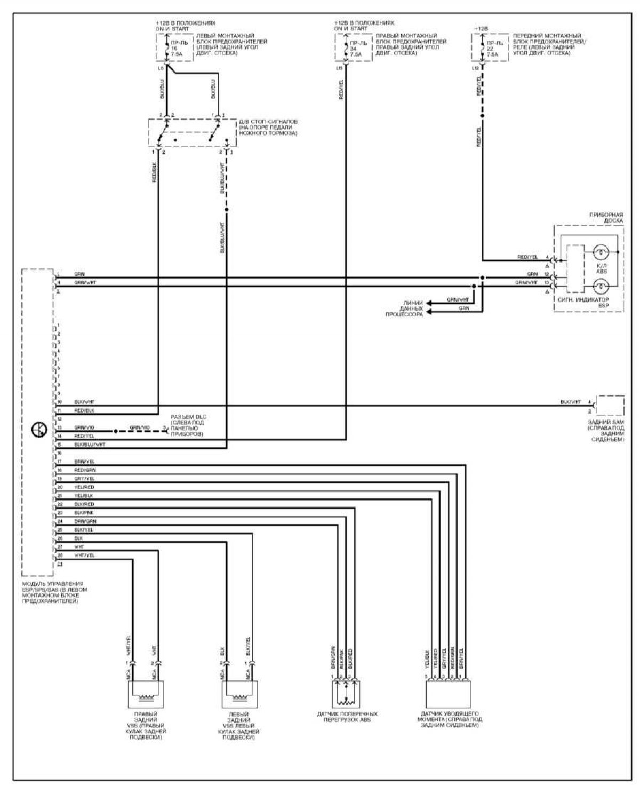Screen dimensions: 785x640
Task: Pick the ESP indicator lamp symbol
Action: (x=601, y=287)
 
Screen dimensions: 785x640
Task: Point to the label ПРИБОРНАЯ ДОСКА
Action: (x=606, y=217)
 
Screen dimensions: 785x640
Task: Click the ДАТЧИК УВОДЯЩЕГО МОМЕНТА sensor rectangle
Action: (x=447, y=695)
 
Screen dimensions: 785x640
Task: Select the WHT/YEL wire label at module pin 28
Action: (x=84, y=556)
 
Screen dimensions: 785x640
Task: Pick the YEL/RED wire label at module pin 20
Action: (x=84, y=487)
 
